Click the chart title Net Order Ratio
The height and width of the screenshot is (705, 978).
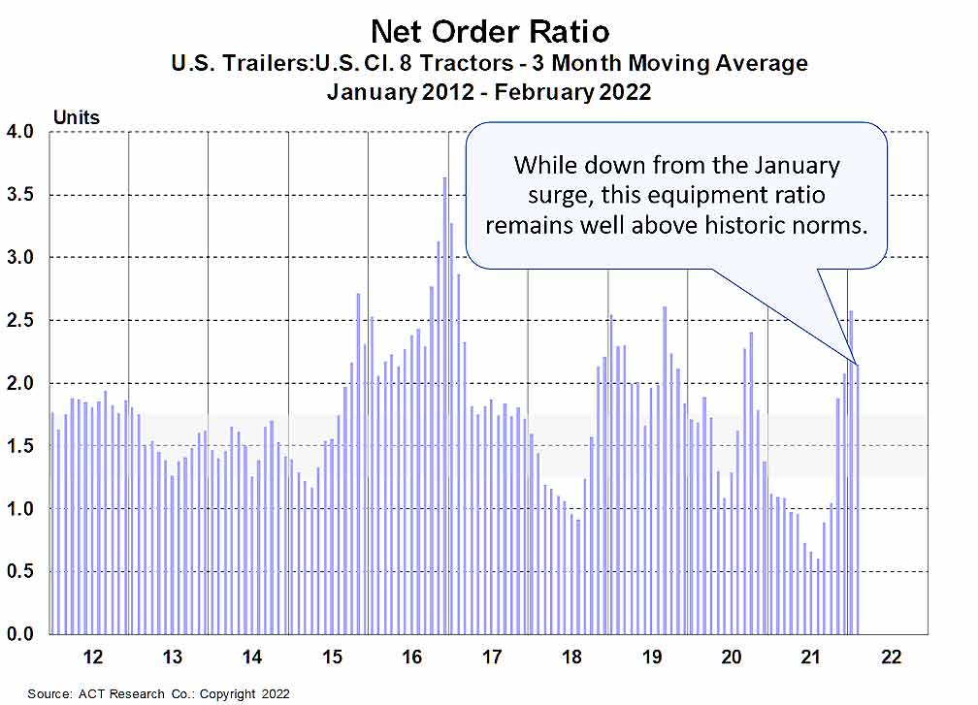click(489, 31)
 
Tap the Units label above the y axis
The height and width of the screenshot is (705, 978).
click(76, 117)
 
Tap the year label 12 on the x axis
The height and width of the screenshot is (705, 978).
click(92, 657)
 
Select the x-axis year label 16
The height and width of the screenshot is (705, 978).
click(411, 657)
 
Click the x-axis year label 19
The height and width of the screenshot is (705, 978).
click(651, 657)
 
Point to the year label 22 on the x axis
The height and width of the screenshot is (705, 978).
click(891, 657)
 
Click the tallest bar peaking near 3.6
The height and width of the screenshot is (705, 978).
click(444, 407)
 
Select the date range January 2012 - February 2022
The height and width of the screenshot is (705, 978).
click(489, 93)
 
